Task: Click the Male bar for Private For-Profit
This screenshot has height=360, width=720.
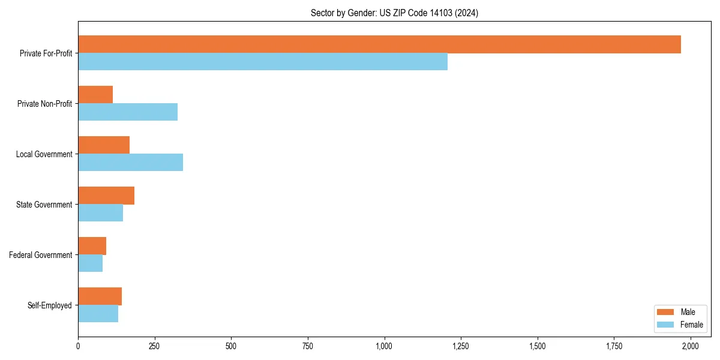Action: (379, 44)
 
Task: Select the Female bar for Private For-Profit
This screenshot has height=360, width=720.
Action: (263, 62)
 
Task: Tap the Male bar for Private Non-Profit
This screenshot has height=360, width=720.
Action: (95, 95)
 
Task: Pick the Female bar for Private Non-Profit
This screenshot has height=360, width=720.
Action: (128, 112)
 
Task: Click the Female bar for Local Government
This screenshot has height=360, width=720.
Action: (130, 163)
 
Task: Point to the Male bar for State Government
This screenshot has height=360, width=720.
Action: (106, 196)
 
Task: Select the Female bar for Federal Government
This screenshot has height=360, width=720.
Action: (90, 263)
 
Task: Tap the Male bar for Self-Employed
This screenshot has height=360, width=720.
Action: (100, 296)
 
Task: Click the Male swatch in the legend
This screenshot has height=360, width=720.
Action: (666, 312)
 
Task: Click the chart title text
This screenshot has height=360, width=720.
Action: (394, 13)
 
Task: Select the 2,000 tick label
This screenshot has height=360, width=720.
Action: (691, 346)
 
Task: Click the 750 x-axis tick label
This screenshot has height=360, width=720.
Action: (308, 346)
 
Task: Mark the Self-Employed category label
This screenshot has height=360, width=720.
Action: (49, 305)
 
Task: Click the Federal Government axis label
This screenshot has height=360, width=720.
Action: (40, 255)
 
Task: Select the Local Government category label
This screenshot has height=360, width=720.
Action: (44, 154)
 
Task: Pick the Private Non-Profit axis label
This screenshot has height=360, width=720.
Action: (44, 104)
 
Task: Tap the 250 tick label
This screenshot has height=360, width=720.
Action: (155, 346)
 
